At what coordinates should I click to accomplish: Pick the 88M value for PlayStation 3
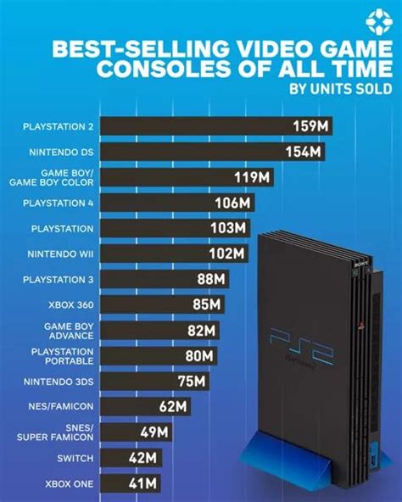(209, 279)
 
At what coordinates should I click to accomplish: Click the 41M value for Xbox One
(142, 482)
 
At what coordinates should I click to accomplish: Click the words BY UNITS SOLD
(341, 87)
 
